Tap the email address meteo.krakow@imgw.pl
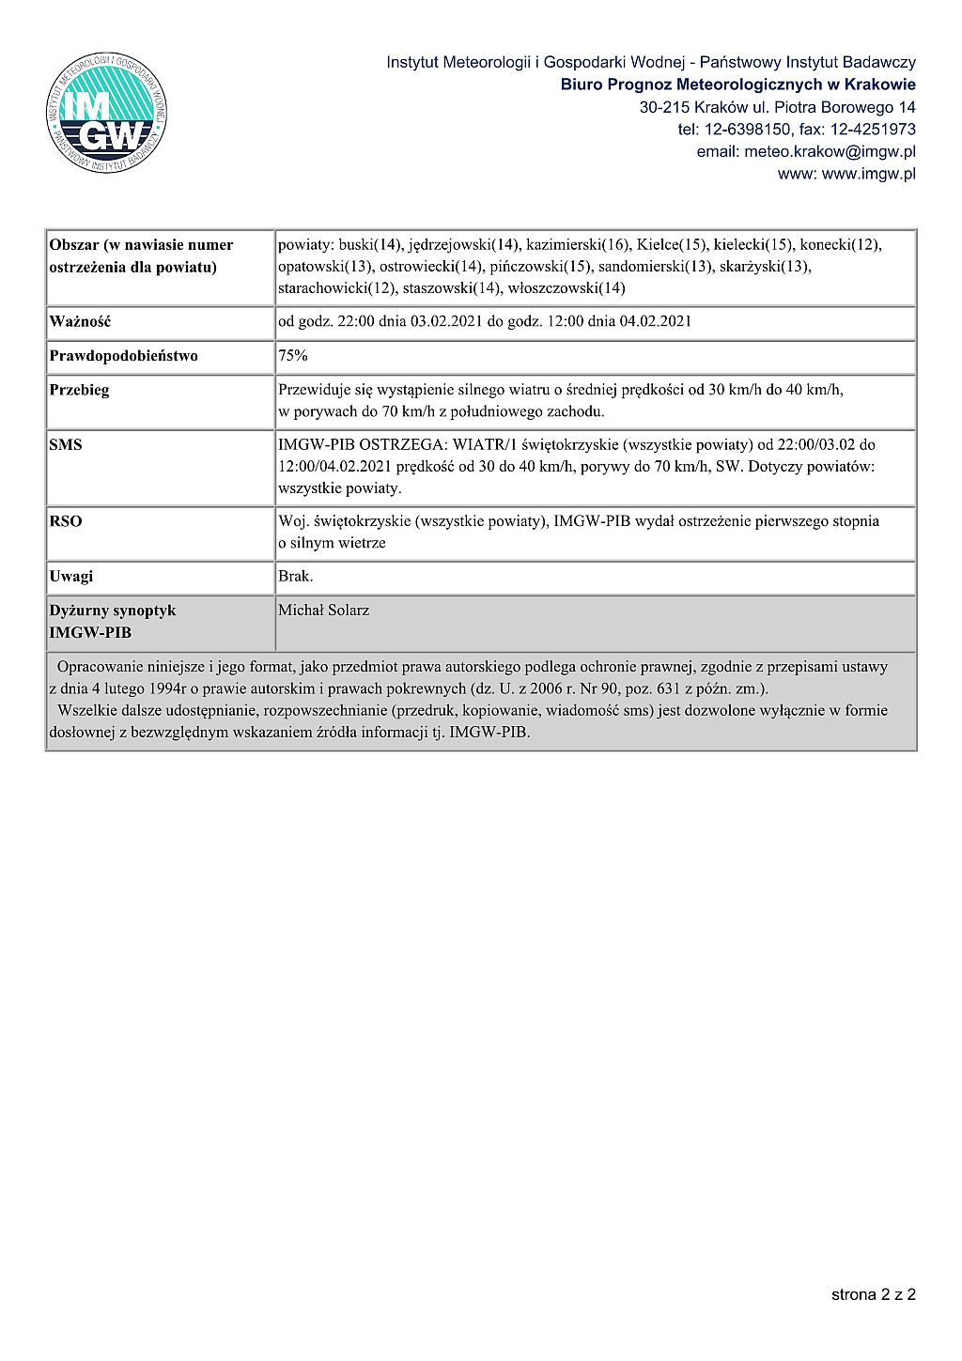pos(806,151)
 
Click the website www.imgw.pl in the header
pos(869,174)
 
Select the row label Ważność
pos(80,321)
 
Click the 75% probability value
pos(293,356)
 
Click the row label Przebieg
pos(79,390)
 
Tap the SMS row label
pos(66,445)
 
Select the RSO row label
pos(66,521)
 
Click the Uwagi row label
pos(71,577)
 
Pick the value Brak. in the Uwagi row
pos(296,577)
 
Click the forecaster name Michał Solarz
pos(324,611)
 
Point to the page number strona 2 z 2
pos(873,1294)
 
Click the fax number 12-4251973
pos(873,130)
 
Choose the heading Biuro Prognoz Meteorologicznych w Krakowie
pos(738,85)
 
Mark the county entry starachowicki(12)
pos(338,288)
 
